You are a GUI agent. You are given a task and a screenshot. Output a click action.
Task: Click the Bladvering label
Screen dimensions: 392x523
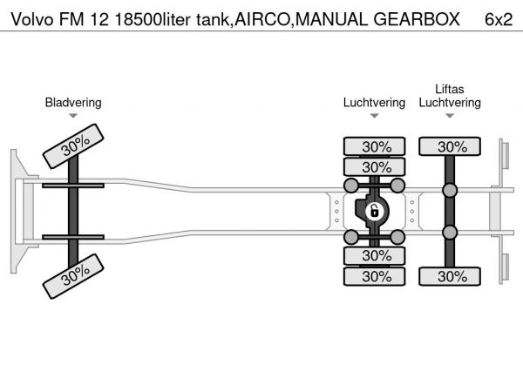coord(73,103)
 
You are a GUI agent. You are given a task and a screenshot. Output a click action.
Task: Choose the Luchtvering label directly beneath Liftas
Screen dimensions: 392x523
coord(450,103)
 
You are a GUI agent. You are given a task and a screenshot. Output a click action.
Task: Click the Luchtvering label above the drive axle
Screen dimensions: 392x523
coord(374,103)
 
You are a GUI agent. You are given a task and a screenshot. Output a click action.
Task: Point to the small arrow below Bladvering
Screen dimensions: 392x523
coord(73,115)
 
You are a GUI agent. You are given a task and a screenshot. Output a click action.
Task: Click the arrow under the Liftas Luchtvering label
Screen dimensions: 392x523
coord(450,115)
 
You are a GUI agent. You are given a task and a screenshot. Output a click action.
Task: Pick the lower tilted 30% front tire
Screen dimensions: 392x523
coord(76,276)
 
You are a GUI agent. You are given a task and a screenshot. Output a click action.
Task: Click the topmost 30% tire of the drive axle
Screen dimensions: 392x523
coord(375,146)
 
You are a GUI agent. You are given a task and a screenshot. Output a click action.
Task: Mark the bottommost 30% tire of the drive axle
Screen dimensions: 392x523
coord(375,276)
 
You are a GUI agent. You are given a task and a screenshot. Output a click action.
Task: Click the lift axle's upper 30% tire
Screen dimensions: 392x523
coord(451,146)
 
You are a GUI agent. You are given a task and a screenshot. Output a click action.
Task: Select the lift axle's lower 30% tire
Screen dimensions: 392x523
coord(451,276)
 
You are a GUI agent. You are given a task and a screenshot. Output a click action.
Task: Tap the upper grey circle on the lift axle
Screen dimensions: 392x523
coord(450,191)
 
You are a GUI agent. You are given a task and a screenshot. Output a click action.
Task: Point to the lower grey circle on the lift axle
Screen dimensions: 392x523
coord(450,232)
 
